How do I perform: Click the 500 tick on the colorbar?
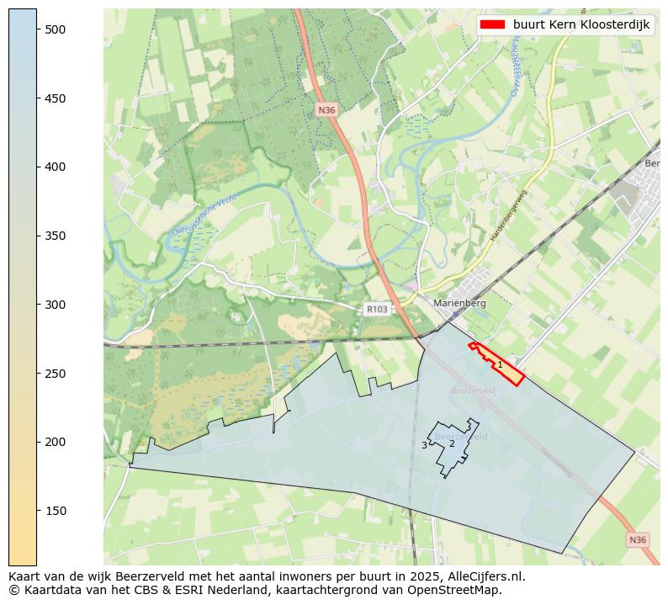click(55, 29)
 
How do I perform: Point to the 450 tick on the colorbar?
click(55, 98)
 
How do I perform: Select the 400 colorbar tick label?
click(55, 167)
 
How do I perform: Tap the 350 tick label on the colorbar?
click(55, 236)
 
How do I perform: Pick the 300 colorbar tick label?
click(55, 305)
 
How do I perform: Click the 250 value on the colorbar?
click(55, 374)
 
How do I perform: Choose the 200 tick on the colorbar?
click(55, 442)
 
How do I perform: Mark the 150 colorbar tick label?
click(55, 511)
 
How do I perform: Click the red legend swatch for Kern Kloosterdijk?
click(493, 25)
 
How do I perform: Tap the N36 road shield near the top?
click(326, 110)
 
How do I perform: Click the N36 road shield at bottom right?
click(637, 539)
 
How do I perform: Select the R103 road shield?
click(376, 310)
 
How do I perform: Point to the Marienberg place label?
click(459, 303)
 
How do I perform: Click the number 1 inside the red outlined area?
click(500, 364)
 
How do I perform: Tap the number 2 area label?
click(452, 443)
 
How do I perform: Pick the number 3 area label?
click(424, 445)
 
